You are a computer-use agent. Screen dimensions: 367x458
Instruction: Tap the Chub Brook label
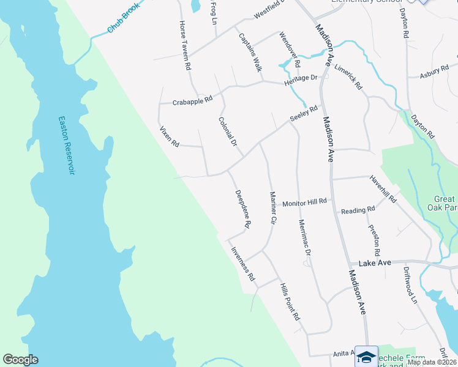point(124,18)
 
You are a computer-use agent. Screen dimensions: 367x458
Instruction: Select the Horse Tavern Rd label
point(185,45)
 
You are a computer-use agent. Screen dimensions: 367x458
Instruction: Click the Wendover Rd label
point(290,50)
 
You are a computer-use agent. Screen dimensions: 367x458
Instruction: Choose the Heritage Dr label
point(301,80)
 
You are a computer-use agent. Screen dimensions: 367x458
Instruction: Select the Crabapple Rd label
point(192,100)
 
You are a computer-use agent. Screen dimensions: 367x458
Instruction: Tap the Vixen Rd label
point(169,136)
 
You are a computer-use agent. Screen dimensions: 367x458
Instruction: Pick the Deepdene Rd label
point(243,209)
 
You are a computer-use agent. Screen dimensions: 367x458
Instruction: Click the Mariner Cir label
point(274,208)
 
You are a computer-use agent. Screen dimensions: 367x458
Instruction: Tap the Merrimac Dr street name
point(305,238)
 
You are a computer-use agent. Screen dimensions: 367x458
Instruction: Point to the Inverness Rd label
point(242,263)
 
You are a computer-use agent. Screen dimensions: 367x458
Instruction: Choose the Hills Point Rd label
point(289,302)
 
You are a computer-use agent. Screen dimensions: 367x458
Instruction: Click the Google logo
point(20,360)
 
